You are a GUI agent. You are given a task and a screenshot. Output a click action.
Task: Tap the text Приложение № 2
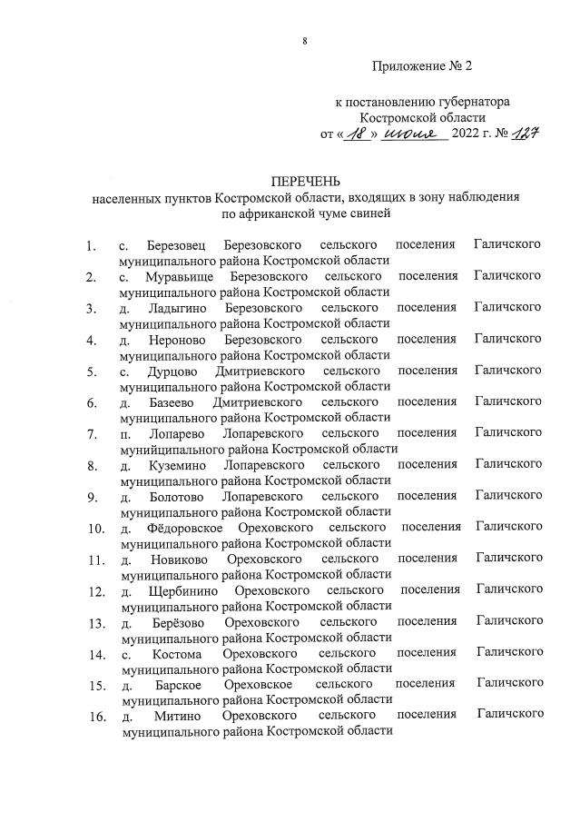(x=422, y=65)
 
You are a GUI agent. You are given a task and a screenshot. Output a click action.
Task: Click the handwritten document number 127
(x=522, y=134)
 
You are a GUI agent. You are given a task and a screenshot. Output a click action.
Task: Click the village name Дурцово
(x=172, y=371)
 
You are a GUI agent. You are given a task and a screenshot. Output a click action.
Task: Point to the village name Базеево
(x=172, y=401)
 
